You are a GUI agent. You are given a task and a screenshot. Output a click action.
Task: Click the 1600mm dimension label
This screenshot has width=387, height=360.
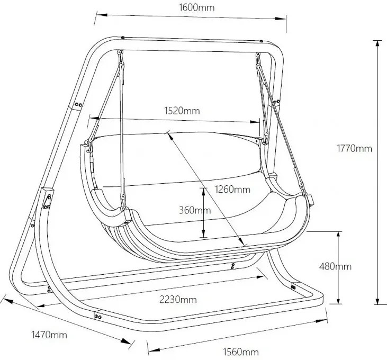[x=196, y=7]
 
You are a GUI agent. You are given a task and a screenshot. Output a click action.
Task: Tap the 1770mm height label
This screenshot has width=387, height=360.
[x=354, y=149]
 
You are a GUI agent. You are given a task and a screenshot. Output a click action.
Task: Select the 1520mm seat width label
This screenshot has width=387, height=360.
[x=182, y=111]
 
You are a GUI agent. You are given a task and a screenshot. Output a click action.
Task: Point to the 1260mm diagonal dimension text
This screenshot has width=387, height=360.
[x=232, y=189]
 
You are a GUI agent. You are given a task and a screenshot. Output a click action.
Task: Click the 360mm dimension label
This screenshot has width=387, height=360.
[x=195, y=210]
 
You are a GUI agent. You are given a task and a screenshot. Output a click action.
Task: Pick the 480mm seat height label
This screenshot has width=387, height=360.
[x=335, y=266]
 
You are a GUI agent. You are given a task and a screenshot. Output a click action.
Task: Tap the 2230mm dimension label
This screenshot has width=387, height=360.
[x=178, y=300]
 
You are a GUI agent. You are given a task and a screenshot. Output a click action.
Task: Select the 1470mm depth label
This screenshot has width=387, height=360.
[x=49, y=335]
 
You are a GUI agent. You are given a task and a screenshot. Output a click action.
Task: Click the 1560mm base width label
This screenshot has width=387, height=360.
[x=241, y=352]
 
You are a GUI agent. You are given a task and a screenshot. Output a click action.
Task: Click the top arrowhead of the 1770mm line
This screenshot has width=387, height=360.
[x=377, y=44]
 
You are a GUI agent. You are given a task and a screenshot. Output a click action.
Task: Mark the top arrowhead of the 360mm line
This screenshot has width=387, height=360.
[x=204, y=192]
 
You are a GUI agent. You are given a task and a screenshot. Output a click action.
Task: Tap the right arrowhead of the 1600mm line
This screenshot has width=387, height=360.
[x=281, y=19]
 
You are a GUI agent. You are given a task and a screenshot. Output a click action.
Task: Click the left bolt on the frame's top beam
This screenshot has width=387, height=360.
[x=123, y=38]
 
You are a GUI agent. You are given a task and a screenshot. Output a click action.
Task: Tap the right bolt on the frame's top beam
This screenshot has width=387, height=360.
[x=261, y=41]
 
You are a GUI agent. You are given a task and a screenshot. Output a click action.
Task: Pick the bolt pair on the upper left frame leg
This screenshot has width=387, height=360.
[x=78, y=105]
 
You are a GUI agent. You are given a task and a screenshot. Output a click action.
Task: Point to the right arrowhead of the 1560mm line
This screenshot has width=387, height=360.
[x=321, y=321]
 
